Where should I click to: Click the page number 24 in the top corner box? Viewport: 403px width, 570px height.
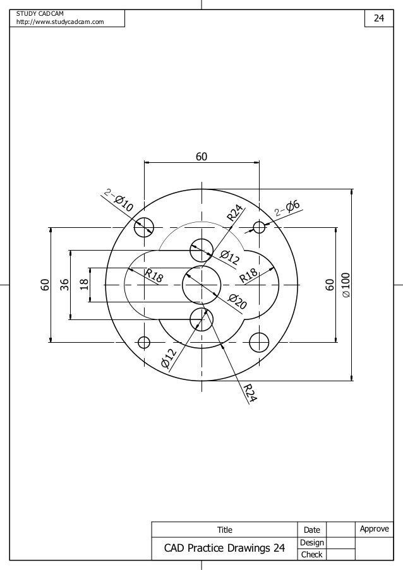[378, 18]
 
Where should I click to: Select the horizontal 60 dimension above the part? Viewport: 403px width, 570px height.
[201, 156]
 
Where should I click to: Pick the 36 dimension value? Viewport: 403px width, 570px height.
[64, 285]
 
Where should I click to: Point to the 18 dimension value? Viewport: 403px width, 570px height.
[83, 285]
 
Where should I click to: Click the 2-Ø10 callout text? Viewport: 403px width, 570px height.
[119, 201]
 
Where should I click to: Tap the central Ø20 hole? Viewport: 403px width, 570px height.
[201, 285]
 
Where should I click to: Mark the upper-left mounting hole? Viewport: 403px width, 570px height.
[145, 227]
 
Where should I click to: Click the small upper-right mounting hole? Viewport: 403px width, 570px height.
[258, 227]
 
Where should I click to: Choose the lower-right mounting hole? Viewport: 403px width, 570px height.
[258, 342]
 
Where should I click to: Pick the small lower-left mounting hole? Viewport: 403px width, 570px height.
[144, 342]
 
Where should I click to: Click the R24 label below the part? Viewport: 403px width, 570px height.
[250, 393]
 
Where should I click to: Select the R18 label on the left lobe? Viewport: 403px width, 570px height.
[154, 276]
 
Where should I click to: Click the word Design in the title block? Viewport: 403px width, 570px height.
[312, 542]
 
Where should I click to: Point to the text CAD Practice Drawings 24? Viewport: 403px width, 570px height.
[224, 548]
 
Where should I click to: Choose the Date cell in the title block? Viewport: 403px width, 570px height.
[312, 530]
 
